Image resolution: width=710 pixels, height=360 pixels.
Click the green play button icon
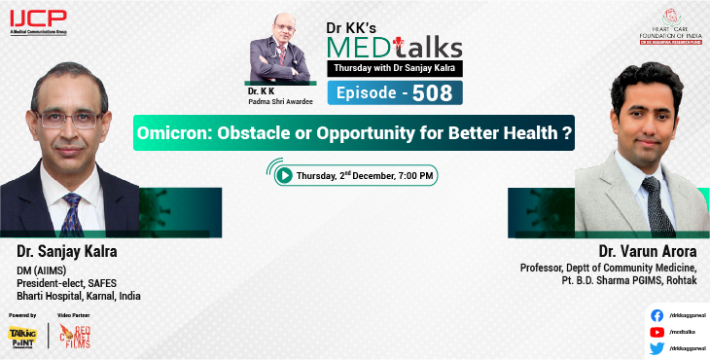click(284, 175)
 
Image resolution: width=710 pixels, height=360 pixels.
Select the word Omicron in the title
click(178, 132)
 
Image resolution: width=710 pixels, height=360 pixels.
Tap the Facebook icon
click(657, 315)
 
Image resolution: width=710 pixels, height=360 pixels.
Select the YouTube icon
click(657, 331)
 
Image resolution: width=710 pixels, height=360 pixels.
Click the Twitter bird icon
click(657, 347)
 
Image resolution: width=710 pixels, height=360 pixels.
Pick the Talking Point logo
click(22, 337)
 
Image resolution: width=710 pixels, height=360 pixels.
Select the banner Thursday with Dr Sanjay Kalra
click(393, 67)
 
